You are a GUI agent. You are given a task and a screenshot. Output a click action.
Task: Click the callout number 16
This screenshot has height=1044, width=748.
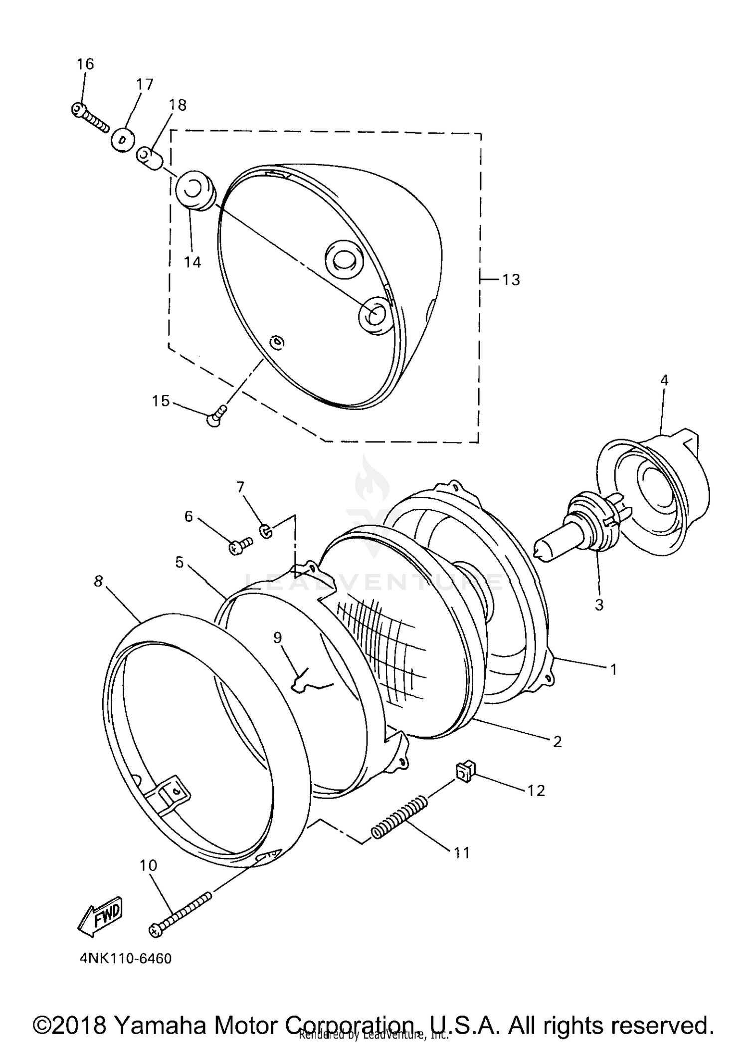85,64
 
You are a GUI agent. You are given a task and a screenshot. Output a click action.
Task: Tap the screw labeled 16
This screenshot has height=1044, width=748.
89,117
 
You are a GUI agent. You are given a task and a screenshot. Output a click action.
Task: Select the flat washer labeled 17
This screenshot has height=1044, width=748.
123,138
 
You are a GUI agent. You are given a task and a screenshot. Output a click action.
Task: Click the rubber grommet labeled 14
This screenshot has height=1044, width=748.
194,191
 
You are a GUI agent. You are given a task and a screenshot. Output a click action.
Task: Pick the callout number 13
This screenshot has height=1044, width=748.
511,280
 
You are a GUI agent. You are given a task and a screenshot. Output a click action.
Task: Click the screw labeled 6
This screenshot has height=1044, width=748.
240,547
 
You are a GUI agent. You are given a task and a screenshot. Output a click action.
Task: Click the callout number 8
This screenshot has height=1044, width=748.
98,581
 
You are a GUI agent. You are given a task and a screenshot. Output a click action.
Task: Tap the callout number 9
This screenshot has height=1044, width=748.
278,638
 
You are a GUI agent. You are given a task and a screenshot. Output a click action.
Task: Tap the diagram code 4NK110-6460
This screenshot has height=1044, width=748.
125,959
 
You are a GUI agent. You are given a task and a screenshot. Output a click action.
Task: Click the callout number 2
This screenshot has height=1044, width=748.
557,742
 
